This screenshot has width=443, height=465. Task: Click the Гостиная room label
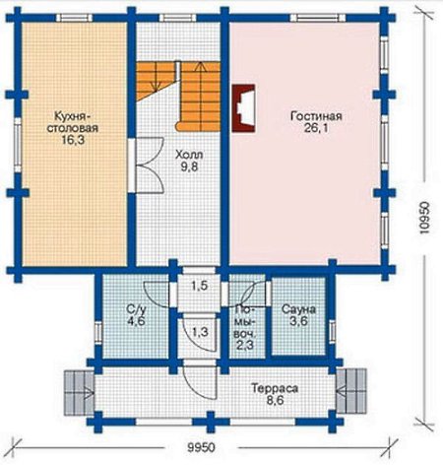(x=316, y=116)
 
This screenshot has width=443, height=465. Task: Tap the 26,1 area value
(x=316, y=128)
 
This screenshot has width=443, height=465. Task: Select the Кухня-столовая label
(x=73, y=122)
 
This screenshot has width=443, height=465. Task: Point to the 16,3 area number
(x=73, y=140)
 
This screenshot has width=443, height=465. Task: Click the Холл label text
(x=189, y=155)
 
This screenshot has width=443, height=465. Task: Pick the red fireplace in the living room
(x=243, y=108)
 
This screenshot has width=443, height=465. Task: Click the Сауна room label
(x=298, y=309)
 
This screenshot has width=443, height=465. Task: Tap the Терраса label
(x=275, y=388)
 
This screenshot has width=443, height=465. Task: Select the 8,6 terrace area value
(x=275, y=400)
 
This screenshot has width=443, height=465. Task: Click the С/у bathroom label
(x=136, y=309)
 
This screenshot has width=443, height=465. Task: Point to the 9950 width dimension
(x=201, y=447)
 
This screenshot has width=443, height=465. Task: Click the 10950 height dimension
(x=423, y=218)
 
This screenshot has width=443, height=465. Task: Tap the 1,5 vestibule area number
(x=200, y=286)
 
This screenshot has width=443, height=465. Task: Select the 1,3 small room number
(x=200, y=332)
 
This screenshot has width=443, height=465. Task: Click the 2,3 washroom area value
(x=245, y=345)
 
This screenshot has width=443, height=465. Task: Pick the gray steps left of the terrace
(x=79, y=392)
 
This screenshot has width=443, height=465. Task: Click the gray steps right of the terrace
(x=350, y=391)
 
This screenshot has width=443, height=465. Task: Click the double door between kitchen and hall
(x=149, y=165)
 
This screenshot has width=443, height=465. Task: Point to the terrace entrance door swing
(x=200, y=381)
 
